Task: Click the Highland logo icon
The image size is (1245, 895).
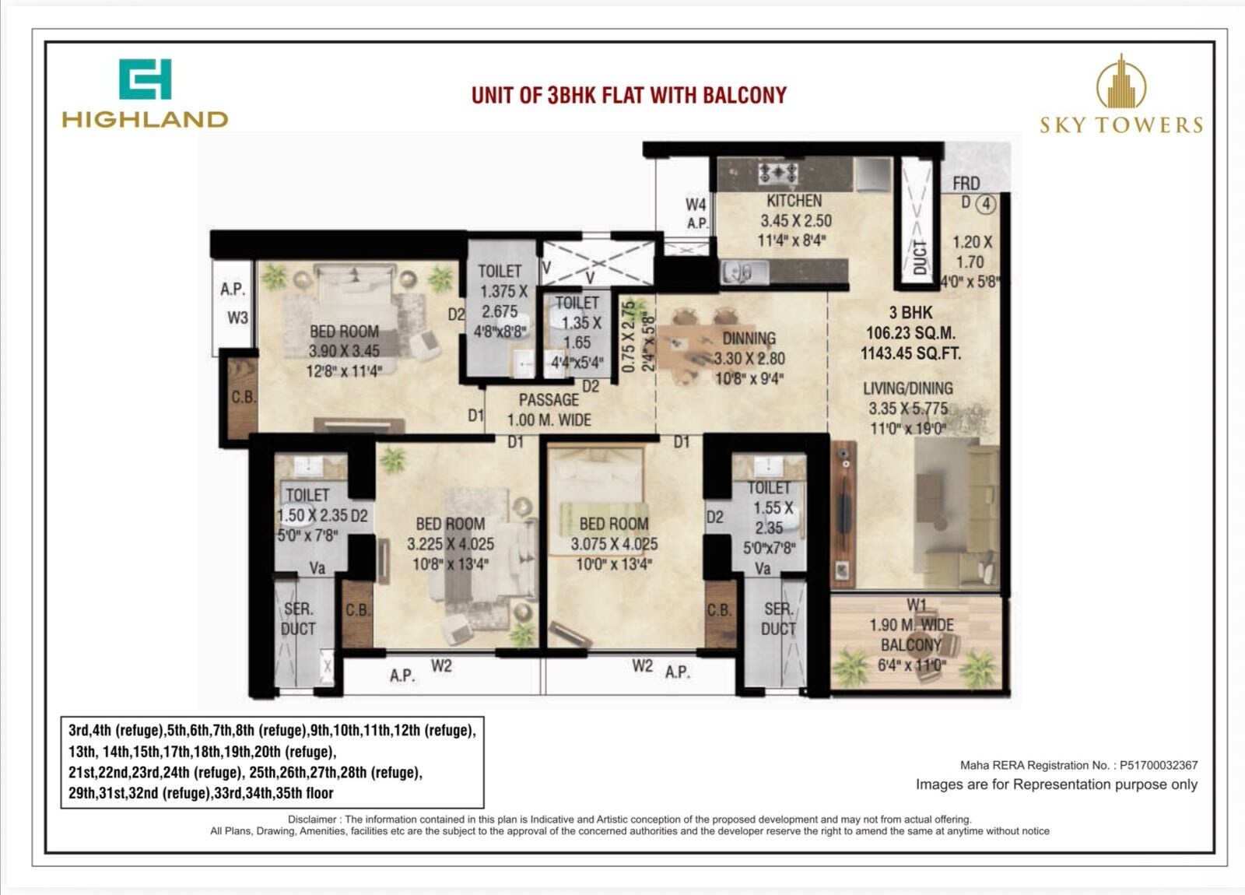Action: pyautogui.click(x=145, y=79)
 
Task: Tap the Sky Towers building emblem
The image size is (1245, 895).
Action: pyautogui.click(x=1120, y=82)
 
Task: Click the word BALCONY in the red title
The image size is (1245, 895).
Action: pyautogui.click(x=744, y=95)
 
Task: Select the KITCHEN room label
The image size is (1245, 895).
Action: pyautogui.click(x=794, y=201)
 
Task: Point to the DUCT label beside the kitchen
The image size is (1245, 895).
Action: pyautogui.click(x=920, y=257)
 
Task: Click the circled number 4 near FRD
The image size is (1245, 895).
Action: pyautogui.click(x=986, y=205)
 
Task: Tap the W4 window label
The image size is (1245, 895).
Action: pyautogui.click(x=696, y=205)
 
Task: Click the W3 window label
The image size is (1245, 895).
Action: pyautogui.click(x=237, y=318)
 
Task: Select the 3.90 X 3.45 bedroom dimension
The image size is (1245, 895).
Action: pyautogui.click(x=344, y=351)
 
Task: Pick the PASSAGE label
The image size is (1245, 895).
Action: pyautogui.click(x=549, y=400)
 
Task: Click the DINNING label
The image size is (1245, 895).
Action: pyautogui.click(x=749, y=339)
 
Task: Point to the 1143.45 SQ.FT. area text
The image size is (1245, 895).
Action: pyautogui.click(x=910, y=353)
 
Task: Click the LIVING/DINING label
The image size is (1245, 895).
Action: pyautogui.click(x=907, y=388)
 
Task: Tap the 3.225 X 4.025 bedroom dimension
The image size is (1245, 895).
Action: pyautogui.click(x=450, y=544)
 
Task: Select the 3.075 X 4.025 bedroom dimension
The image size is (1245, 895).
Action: pyautogui.click(x=614, y=544)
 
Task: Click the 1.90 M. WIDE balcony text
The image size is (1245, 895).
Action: pyautogui.click(x=911, y=625)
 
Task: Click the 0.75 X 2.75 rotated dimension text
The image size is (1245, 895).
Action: pyautogui.click(x=629, y=335)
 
